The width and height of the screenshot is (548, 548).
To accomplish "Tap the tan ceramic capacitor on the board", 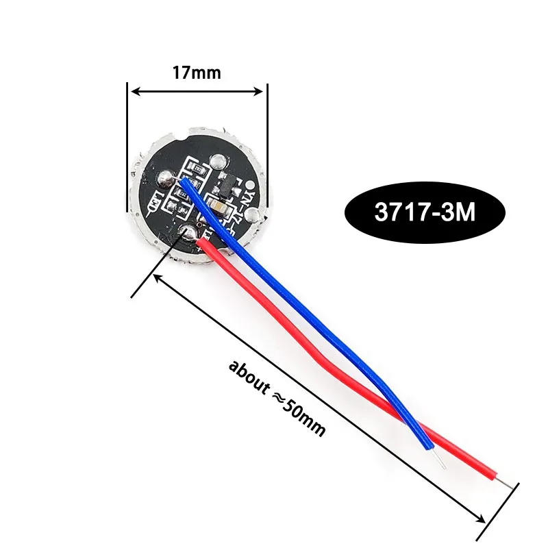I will tap(218, 206).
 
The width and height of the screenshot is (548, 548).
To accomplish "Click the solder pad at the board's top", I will tap(219, 162).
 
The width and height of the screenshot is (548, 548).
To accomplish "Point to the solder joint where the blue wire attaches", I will tap(166, 179).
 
